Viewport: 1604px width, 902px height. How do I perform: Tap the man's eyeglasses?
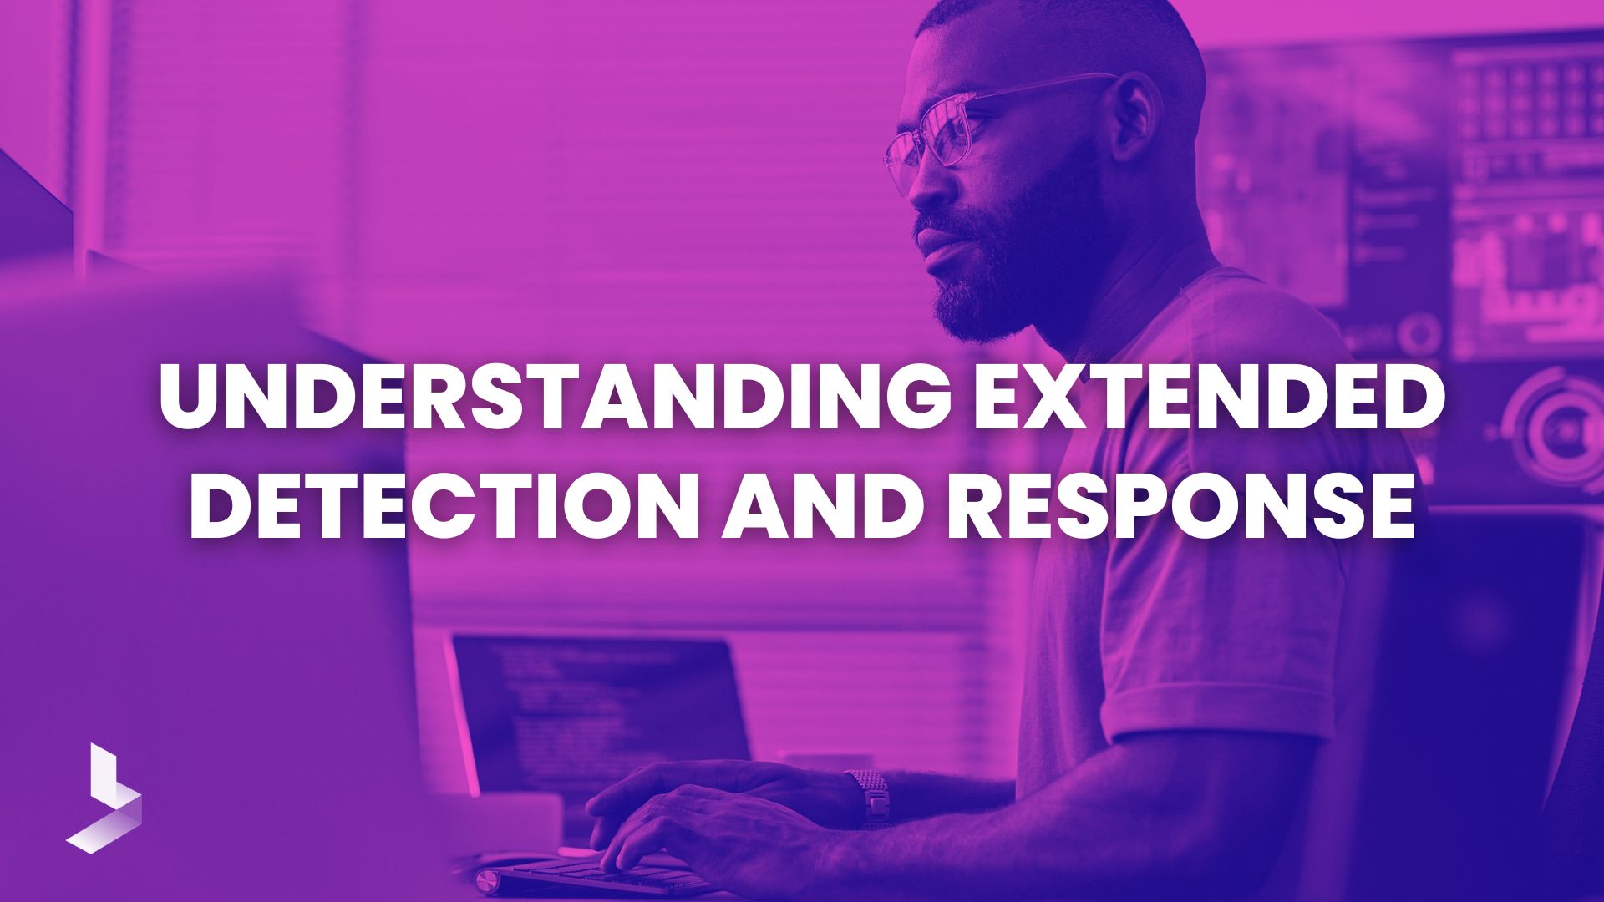961,134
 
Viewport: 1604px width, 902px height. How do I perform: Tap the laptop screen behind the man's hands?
601,710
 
